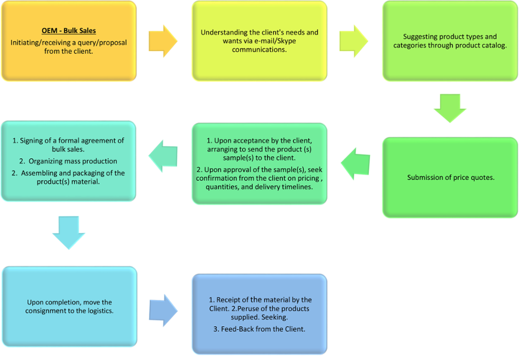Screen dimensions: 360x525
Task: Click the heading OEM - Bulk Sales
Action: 69,31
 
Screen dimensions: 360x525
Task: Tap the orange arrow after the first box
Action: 163,40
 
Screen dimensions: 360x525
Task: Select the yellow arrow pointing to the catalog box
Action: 354,40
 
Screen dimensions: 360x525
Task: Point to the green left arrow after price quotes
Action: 355,164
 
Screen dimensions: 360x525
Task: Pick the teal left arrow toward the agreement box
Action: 163,155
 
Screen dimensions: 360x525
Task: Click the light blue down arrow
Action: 69,231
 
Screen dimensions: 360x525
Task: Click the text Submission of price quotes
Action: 451,177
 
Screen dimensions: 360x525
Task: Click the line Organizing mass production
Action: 68,161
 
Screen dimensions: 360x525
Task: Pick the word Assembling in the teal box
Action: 40,173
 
